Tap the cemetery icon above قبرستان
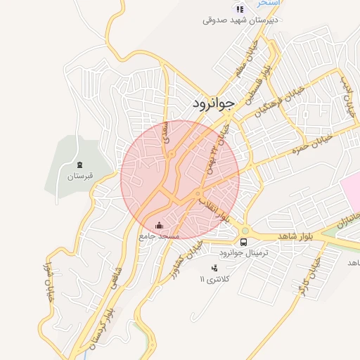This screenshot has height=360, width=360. point(79,165)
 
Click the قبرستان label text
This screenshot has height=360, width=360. point(79,176)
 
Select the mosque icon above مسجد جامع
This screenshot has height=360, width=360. point(159,226)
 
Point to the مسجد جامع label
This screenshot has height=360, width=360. point(159,236)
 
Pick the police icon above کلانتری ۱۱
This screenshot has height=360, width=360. point(214,268)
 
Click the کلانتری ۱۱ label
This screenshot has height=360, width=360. point(214,279)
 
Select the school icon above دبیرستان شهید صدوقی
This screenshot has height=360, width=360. point(240,9)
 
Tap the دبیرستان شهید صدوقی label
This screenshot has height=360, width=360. point(240,20)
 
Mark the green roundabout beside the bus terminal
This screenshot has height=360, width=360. point(245,231)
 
